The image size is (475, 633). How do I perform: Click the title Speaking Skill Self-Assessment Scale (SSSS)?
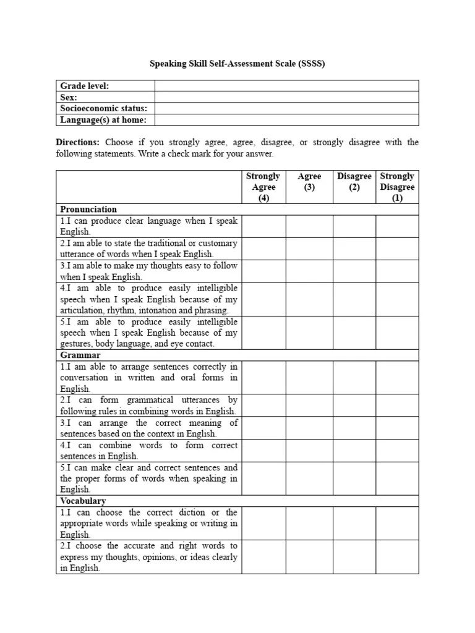[237, 63]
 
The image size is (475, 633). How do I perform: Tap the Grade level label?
[84, 86]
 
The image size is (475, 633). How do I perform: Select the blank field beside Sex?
[286, 97]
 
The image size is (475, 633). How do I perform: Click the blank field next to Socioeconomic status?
[286, 108]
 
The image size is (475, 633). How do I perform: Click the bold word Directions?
[77, 142]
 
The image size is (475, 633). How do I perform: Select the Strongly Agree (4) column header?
[263, 187]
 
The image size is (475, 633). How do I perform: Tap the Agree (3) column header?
[309, 182]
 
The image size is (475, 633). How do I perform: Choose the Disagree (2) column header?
[354, 182]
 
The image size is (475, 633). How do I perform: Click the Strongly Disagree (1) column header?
[397, 187]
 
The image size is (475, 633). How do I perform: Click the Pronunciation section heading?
[88, 209]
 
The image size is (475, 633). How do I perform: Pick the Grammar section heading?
[80, 355]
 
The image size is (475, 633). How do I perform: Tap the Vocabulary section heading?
[83, 501]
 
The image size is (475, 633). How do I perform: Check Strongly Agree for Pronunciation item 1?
[263, 226]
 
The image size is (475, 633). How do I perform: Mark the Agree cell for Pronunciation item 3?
[309, 271]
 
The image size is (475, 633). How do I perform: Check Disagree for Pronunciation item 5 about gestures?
[354, 333]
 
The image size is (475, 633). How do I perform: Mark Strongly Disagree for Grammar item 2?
[397, 406]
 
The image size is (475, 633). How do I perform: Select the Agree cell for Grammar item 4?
[309, 451]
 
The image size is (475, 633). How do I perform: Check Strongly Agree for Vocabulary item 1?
[263, 523]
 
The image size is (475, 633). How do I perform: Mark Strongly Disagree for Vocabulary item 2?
[397, 556]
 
